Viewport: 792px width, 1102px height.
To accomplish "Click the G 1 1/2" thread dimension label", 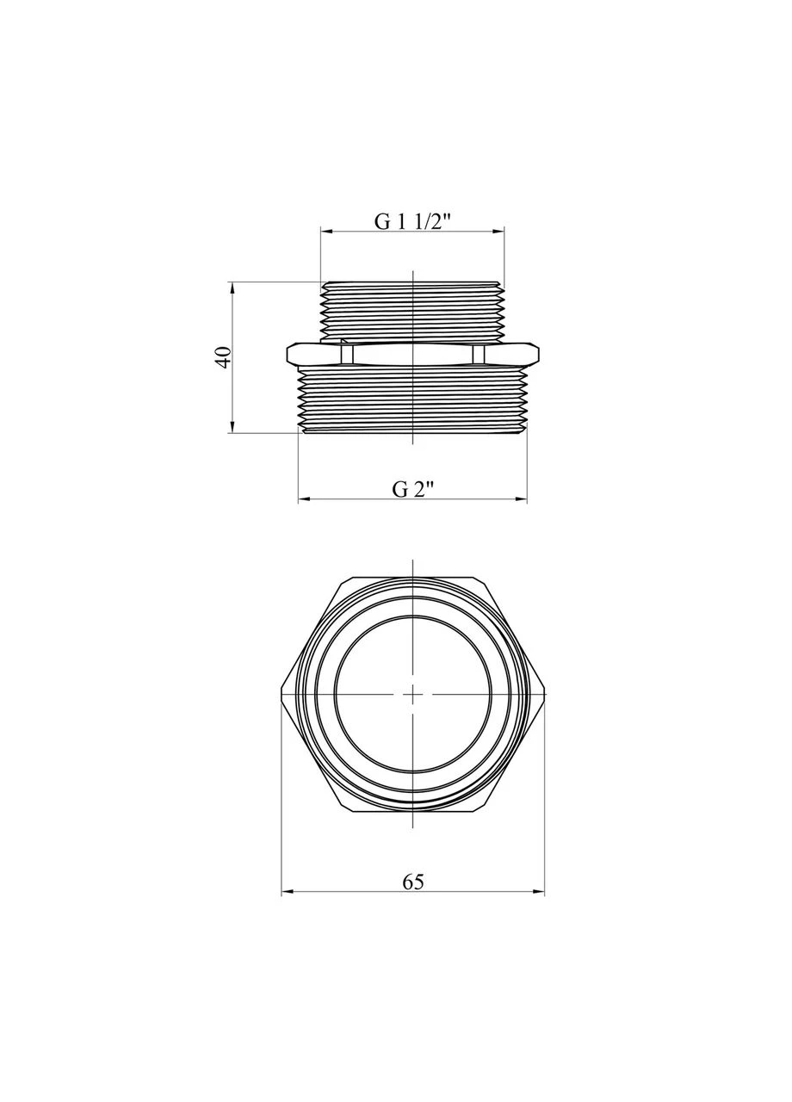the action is [412, 222].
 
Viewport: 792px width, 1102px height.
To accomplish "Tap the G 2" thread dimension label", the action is [413, 490].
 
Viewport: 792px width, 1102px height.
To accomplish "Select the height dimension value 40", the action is [223, 357].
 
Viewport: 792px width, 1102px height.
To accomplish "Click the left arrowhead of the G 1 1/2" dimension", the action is [326, 230].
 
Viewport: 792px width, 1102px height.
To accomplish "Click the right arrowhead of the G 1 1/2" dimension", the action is [498, 230].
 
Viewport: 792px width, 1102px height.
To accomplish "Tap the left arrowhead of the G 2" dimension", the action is [305, 498].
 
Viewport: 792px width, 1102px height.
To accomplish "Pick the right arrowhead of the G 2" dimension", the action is [521, 498].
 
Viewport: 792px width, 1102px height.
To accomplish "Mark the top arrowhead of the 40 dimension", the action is [232, 288].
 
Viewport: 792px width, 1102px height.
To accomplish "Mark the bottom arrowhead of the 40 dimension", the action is [232, 427].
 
